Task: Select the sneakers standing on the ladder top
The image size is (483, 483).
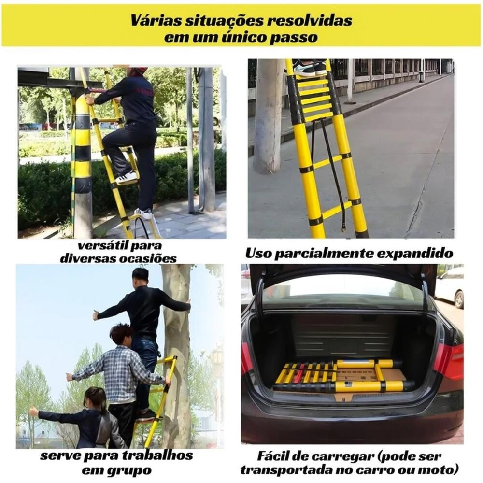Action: coord(309,68)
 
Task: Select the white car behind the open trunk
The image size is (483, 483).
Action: coord(450,286)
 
